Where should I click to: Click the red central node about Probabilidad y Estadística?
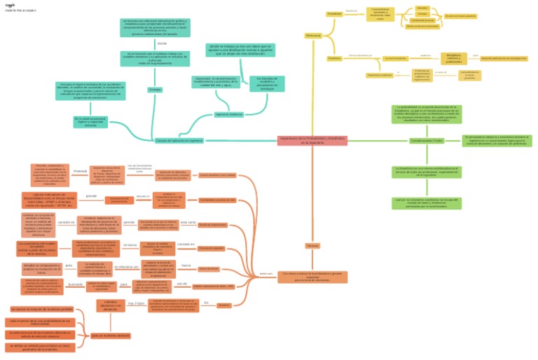[312, 141]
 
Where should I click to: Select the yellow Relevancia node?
[312, 35]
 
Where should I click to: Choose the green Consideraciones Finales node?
[427, 141]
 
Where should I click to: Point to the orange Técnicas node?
[312, 246]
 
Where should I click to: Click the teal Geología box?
[155, 90]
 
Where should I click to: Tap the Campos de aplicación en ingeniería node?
[179, 141]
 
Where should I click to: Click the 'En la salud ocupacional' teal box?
[91, 123]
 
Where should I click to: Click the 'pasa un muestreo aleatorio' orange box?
[110, 335]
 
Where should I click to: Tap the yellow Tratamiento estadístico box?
[379, 75]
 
